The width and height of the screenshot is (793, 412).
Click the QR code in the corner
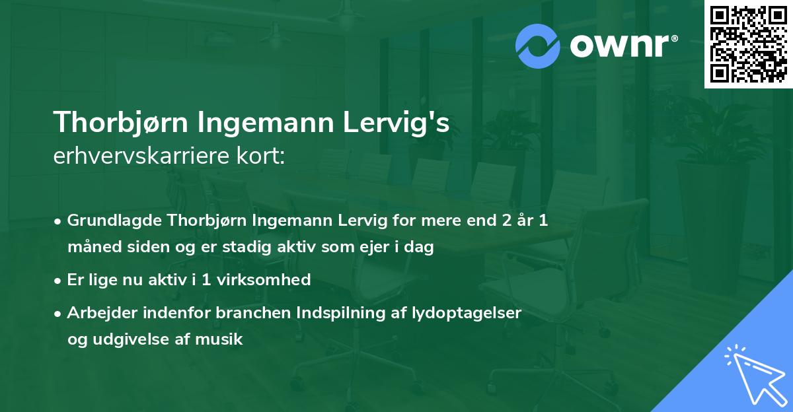point(748,44)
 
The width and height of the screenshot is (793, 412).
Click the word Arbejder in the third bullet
point(98,312)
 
